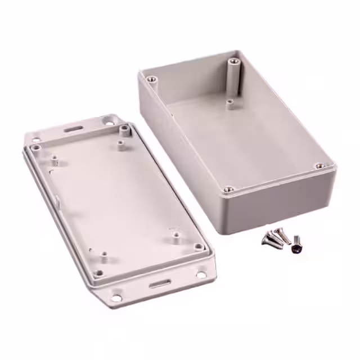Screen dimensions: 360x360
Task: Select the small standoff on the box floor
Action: (x=230, y=104)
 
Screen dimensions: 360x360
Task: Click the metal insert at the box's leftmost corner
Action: (x=150, y=80)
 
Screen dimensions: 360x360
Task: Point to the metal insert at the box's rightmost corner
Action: (x=319, y=166)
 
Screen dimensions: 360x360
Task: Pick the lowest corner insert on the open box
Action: (x=228, y=190)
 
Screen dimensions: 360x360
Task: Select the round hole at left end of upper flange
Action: (x=36, y=139)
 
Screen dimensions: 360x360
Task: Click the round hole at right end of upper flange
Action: (x=107, y=119)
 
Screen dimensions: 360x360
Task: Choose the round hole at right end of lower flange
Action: (x=201, y=275)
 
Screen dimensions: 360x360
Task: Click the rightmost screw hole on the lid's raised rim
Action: (x=198, y=246)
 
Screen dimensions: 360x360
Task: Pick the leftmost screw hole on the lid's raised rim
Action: (x=37, y=148)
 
